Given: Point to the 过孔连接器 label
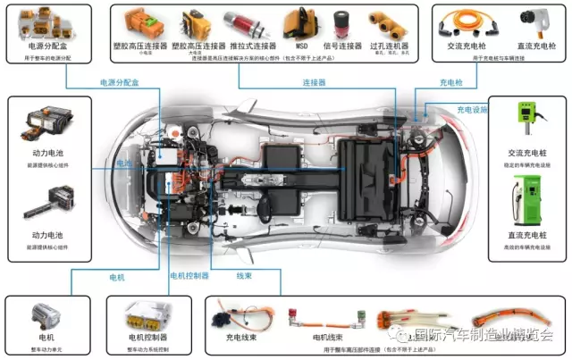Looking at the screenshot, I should pyautogui.click(x=390, y=45).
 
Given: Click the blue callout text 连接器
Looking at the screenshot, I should pyautogui.click(x=314, y=82).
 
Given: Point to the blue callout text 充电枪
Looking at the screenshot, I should pyautogui.click(x=451, y=82).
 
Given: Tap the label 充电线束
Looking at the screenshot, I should pyautogui.click(x=242, y=338).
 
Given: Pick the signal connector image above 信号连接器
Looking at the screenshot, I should pyautogui.click(x=341, y=23).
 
